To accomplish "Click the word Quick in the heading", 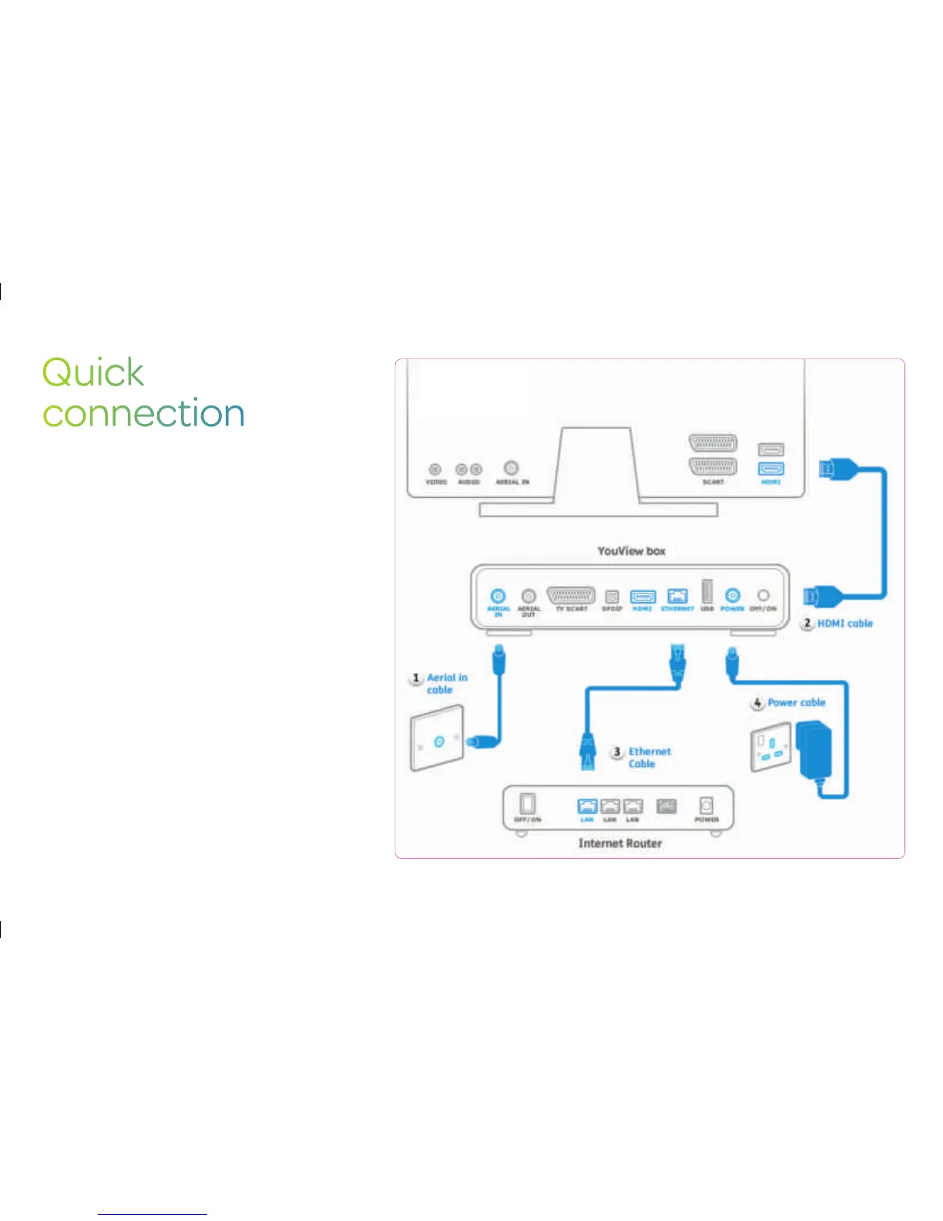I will (92, 373).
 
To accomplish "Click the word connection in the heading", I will (143, 413).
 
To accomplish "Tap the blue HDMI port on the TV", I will (770, 468).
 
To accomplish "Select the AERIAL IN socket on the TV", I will (511, 468).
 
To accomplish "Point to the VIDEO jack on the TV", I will (435, 469).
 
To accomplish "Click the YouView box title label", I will (631, 551).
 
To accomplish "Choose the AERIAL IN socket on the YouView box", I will (498, 596).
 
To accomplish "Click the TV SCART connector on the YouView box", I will (571, 595).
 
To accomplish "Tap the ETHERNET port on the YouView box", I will (676, 596).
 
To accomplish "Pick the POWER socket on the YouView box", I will (732, 596).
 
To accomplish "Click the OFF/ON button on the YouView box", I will (763, 596).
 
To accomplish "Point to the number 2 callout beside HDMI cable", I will (807, 623).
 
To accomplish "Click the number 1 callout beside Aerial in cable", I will (416, 678).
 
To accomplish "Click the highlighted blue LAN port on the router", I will (587, 806).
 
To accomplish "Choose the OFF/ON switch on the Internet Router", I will (527, 805).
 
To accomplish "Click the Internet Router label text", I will (620, 843).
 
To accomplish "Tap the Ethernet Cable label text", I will (649, 758).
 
